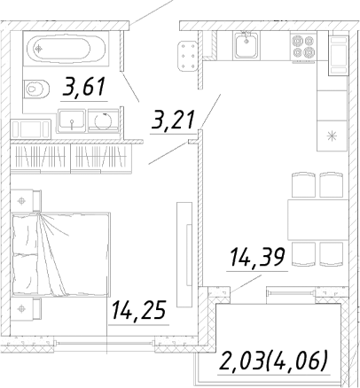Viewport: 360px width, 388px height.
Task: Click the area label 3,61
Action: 84,86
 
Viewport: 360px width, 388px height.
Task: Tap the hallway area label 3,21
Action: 173,120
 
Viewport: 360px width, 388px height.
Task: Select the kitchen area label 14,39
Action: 257,257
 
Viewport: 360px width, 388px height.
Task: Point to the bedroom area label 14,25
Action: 138,310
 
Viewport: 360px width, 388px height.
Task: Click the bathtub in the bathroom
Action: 67,49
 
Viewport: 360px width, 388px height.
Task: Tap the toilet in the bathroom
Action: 35,89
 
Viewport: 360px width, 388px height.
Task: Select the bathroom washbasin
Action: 72,120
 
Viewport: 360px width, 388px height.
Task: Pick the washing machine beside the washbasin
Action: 104,120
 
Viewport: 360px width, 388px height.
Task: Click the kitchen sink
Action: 247,46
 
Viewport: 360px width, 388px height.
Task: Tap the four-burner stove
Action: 303,47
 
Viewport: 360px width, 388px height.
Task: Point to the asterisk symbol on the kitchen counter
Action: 332,136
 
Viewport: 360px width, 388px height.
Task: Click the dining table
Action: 318,220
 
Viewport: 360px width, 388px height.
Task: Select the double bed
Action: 61,254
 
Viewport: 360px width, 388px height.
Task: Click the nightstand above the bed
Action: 26,201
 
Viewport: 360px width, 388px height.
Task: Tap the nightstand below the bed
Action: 26,309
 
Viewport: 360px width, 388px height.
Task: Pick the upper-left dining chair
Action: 303,185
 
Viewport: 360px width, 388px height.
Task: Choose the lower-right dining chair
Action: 332,253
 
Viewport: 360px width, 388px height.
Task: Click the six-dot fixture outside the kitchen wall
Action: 187,56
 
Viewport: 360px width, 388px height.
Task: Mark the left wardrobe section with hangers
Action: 41,157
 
